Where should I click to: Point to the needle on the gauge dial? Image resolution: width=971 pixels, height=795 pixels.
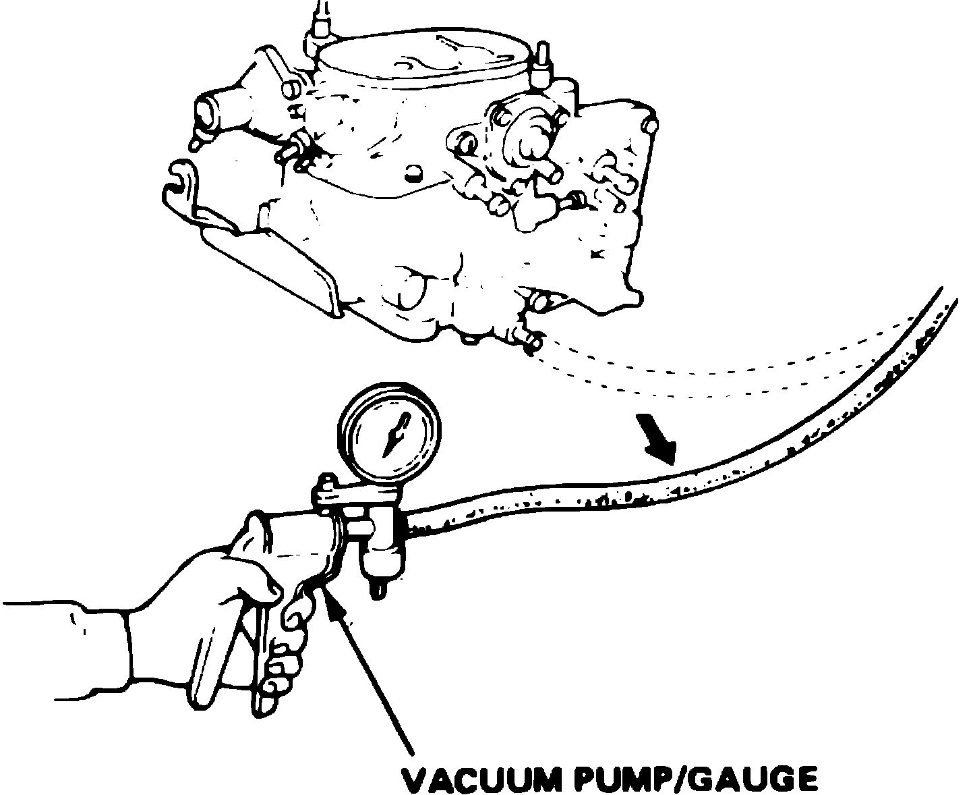pos(394,436)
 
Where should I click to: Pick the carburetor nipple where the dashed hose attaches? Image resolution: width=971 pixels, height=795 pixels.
pos(532,344)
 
